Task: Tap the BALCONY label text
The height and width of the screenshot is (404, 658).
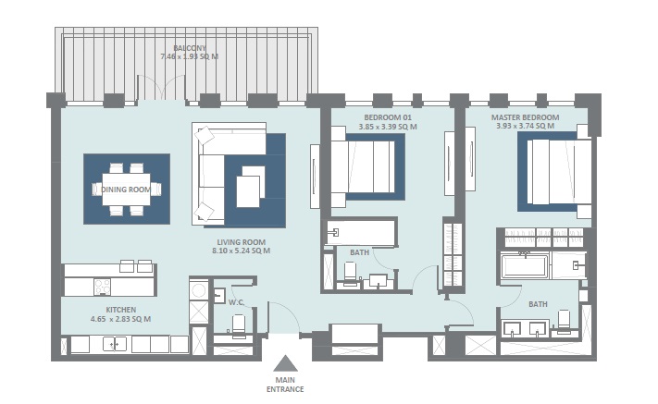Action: [x=189, y=47]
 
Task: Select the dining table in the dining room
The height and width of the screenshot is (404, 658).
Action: [x=127, y=189]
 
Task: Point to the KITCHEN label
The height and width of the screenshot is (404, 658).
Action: [x=120, y=310]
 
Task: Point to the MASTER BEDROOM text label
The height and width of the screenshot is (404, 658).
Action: [x=527, y=117]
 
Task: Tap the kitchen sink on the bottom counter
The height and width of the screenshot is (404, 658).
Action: [x=116, y=345]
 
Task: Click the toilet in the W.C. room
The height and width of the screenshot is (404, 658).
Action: [x=238, y=324]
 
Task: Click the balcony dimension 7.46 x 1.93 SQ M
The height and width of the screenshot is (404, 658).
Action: [x=189, y=56]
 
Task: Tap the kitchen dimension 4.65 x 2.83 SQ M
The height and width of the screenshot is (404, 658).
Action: [x=120, y=319]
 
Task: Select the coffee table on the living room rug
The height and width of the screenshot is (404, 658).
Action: [x=248, y=190]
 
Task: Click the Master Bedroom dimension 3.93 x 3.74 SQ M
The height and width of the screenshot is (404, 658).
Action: [x=527, y=127]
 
